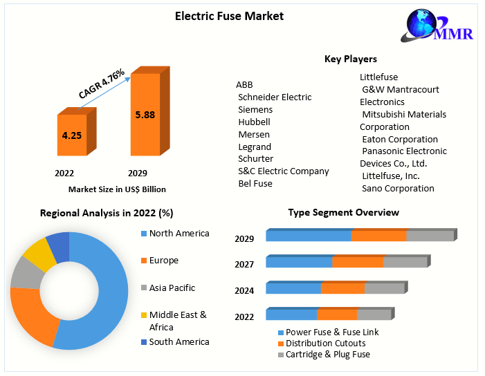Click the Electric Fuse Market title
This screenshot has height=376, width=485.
coord(229,16)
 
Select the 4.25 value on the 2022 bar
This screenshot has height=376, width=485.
coord(72,135)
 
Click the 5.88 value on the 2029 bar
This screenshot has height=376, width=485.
coord(145,115)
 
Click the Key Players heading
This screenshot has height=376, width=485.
coord(351,59)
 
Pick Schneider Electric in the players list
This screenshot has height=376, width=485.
coord(275,97)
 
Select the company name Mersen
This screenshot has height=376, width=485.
coord(254,134)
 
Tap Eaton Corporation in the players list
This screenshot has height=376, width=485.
coord(400,139)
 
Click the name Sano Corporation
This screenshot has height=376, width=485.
coord(398,188)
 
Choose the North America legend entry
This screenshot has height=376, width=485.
coord(179,234)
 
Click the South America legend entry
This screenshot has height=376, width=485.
coord(179,341)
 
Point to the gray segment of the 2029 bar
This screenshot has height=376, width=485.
coord(430,236)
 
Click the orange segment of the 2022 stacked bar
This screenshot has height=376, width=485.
coord(336,314)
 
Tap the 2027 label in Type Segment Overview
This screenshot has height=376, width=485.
coord(244,264)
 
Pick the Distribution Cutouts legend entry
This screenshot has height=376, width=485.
coord(325,344)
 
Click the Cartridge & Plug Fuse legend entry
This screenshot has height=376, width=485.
coord(327,355)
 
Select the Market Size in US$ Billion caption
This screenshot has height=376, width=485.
coord(117,189)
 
